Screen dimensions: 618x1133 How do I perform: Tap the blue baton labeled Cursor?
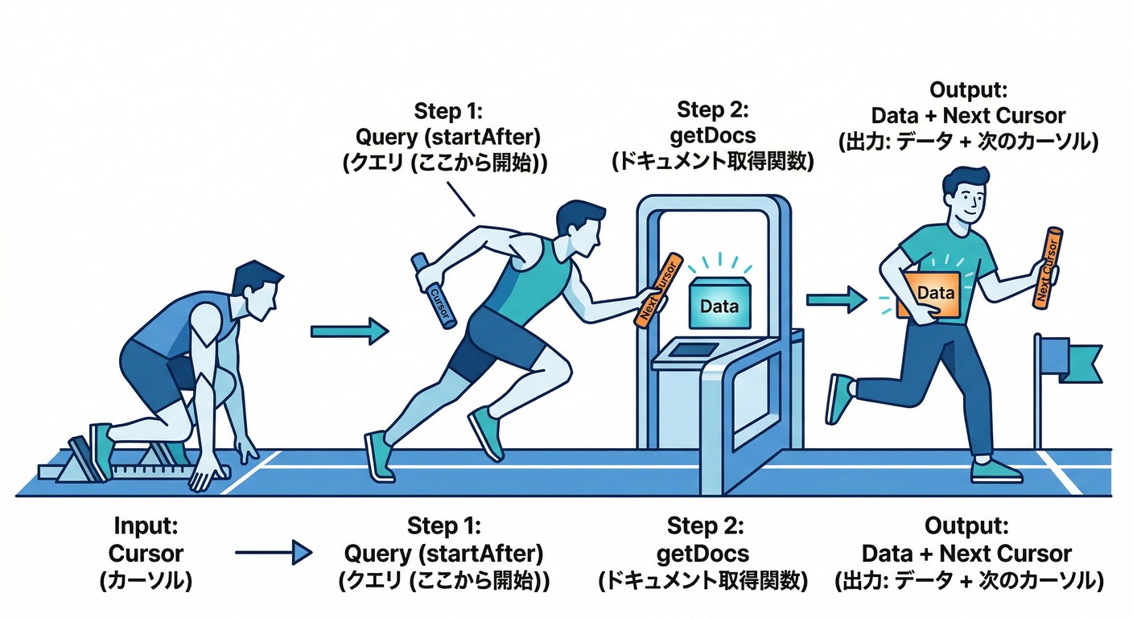[x=435, y=290]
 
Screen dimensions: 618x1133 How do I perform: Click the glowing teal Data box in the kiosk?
[x=719, y=305]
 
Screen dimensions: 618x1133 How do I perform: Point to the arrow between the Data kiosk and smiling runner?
[x=833, y=299]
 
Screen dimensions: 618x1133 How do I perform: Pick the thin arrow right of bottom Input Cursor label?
[x=274, y=553]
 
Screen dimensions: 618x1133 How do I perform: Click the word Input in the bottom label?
[x=145, y=527]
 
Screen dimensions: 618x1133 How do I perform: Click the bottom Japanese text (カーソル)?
[x=145, y=579]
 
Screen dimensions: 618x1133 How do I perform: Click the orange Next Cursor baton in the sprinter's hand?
[x=657, y=290]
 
